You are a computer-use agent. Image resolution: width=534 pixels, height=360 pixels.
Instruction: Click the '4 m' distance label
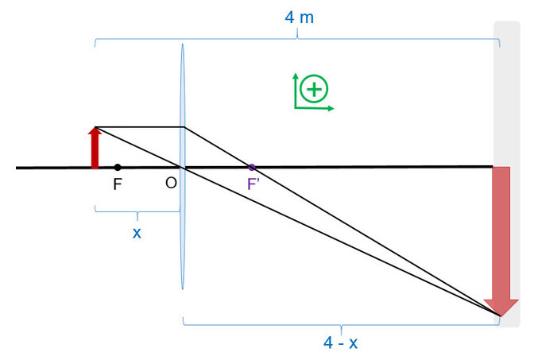tap(299, 17)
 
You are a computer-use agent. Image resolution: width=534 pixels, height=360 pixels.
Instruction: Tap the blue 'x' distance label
tap(137, 233)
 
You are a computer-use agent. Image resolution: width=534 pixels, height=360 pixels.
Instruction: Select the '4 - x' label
tap(340, 343)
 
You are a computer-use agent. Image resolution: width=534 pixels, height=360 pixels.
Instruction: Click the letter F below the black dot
tap(118, 184)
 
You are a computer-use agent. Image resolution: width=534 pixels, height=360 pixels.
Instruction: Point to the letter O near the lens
tap(171, 184)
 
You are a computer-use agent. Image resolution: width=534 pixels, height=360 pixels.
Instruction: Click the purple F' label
tap(253, 184)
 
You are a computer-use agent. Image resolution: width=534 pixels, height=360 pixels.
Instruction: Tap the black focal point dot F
tap(118, 167)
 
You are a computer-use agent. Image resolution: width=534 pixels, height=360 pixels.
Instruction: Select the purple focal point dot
tap(252, 167)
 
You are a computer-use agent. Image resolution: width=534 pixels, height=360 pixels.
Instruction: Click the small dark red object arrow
tap(95, 148)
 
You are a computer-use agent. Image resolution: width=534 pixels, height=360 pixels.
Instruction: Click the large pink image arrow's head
tap(501, 308)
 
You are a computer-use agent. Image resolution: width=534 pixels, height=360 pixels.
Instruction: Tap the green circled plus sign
tap(314, 89)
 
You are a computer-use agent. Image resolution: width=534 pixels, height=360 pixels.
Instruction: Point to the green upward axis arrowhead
tap(296, 76)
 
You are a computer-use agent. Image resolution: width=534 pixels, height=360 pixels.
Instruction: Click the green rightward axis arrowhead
tap(331, 109)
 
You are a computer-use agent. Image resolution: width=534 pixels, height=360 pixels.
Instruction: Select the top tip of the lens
tap(183, 44)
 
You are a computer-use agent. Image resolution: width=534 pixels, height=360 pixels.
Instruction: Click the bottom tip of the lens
tap(183, 289)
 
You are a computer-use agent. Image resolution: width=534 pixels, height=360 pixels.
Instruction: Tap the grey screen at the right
tap(507, 174)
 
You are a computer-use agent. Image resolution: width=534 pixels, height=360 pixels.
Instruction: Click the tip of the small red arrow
tap(95, 128)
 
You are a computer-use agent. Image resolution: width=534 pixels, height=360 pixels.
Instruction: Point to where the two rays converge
tap(500, 316)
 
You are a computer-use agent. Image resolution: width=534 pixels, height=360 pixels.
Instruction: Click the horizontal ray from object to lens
tap(140, 127)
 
